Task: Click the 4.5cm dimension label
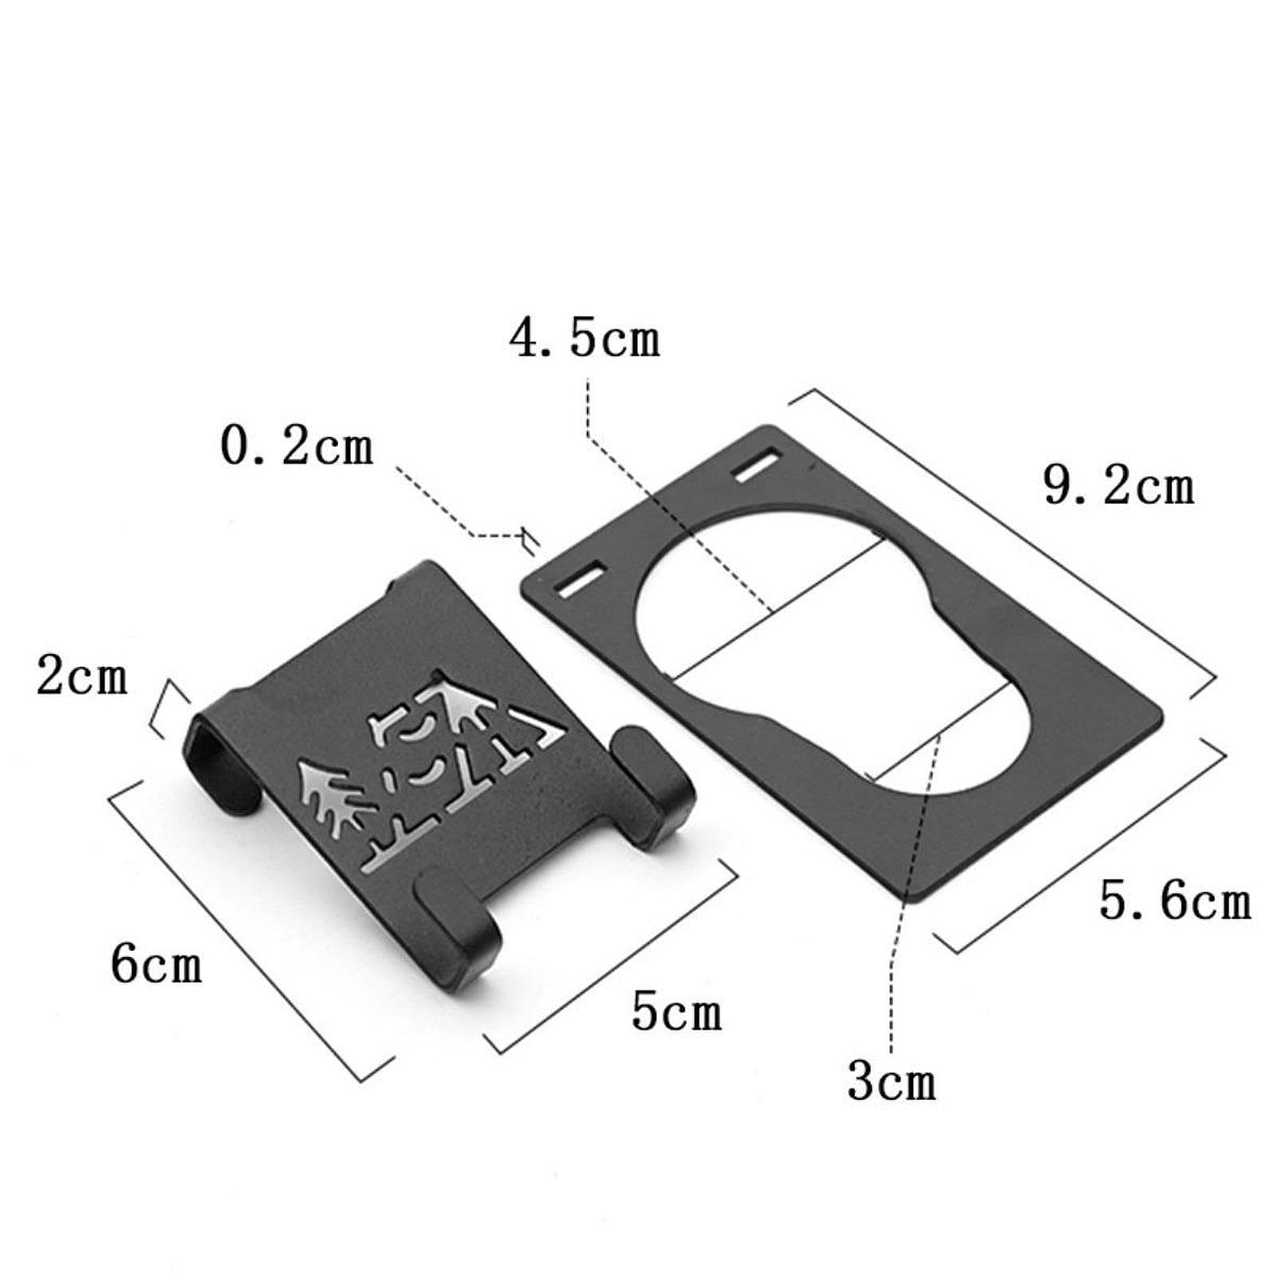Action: [x=585, y=338]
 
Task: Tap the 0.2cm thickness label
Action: [x=297, y=447]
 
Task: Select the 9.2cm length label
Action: [x=1118, y=486]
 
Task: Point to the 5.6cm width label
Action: [x=1175, y=902]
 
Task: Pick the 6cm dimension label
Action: [x=156, y=964]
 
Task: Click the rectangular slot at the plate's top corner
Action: [x=758, y=467]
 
